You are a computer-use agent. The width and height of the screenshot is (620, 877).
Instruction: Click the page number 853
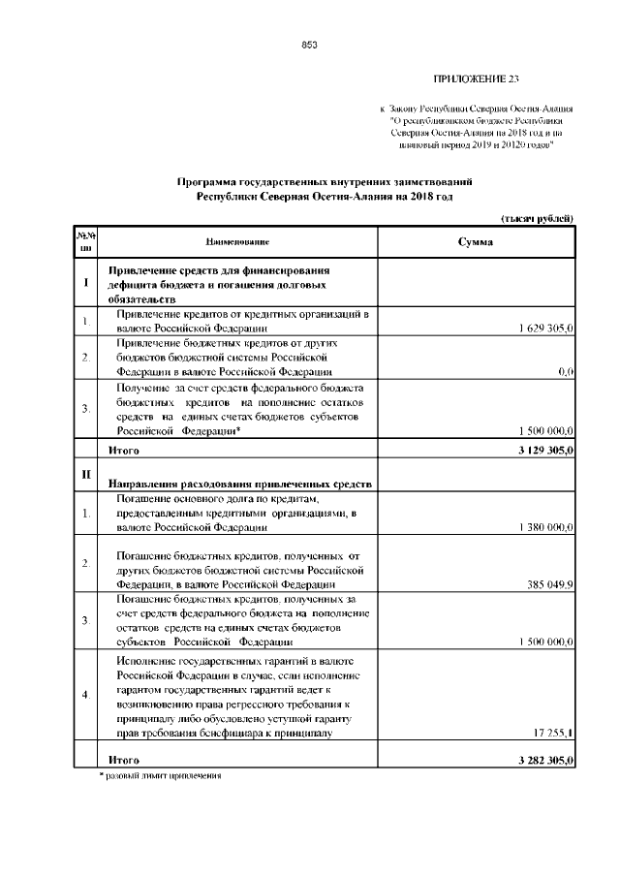tap(310, 45)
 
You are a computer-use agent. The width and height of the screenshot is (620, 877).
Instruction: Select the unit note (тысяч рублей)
tap(539, 219)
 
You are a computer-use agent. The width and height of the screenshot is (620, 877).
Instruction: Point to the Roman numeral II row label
tap(87, 472)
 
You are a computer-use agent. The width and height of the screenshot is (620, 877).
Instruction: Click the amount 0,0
tap(567, 371)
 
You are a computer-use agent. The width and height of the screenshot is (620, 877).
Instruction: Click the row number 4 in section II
tap(87, 695)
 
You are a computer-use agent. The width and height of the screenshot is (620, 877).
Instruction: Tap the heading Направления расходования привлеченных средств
tap(239, 483)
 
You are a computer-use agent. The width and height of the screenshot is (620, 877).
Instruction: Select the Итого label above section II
tap(124, 451)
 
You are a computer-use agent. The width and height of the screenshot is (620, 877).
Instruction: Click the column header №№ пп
tap(87, 241)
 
